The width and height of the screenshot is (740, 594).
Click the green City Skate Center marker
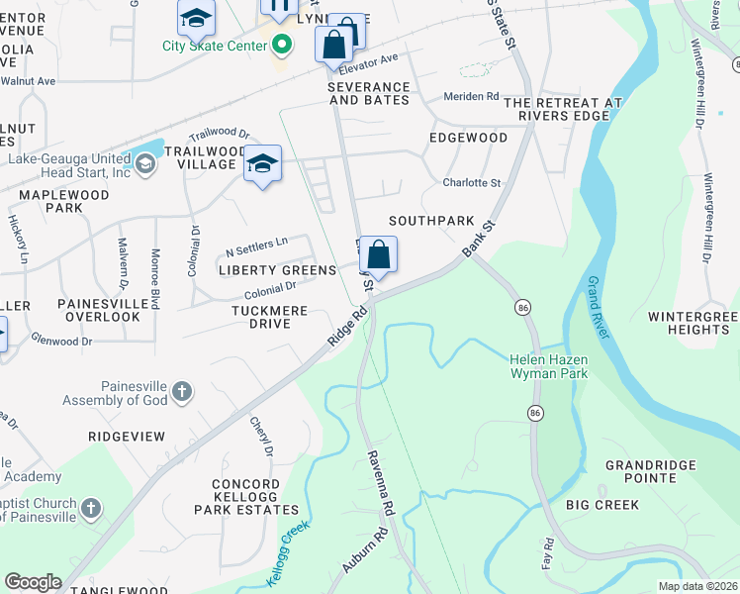(282, 45)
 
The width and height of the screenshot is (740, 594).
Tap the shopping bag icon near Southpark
(378, 256)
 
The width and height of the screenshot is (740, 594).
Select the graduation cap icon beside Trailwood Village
(262, 164)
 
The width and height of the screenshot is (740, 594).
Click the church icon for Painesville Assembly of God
(181, 392)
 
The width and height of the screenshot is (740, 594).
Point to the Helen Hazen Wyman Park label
(548, 365)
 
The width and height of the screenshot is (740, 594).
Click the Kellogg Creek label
(285, 560)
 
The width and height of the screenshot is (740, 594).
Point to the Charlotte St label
(472, 183)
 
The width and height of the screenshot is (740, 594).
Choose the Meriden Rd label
(471, 96)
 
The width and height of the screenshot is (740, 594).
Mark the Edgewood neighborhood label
(468, 138)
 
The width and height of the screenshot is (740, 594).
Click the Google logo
(33, 582)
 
